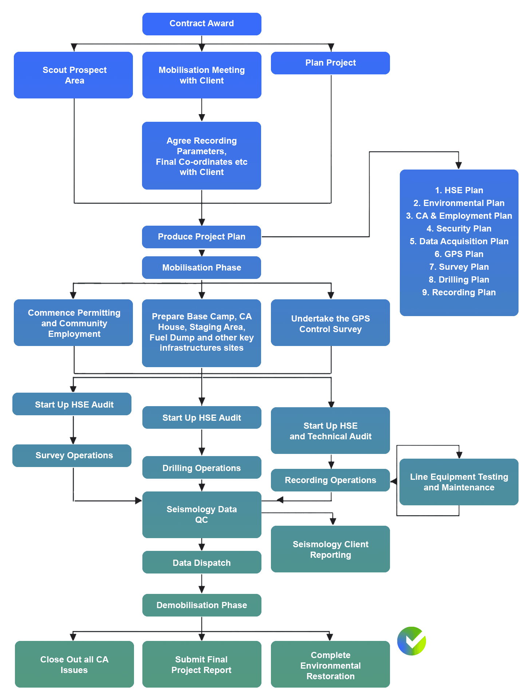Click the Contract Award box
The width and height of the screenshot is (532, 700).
[202, 24]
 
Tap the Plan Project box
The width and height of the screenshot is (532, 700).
[330, 63]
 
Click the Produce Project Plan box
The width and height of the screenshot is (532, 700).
[201, 237]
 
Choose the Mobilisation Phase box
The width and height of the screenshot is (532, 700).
[201, 268]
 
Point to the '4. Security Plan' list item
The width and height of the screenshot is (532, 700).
[459, 229]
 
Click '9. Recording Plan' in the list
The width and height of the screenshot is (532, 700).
[459, 292]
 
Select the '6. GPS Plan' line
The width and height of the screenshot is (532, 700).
[459, 254]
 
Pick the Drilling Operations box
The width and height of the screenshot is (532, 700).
[202, 468]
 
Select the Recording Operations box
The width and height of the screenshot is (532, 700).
[330, 480]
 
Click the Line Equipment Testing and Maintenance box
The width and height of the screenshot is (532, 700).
[459, 482]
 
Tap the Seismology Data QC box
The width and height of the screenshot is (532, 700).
[202, 514]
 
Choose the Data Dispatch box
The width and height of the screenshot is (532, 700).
[202, 563]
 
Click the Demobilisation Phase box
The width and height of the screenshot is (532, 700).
[202, 605]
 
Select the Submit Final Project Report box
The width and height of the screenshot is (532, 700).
[202, 664]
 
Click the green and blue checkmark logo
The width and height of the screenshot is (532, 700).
[412, 641]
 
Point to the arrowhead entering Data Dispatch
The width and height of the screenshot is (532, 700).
[202, 547]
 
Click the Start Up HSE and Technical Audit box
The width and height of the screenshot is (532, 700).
[330, 431]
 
